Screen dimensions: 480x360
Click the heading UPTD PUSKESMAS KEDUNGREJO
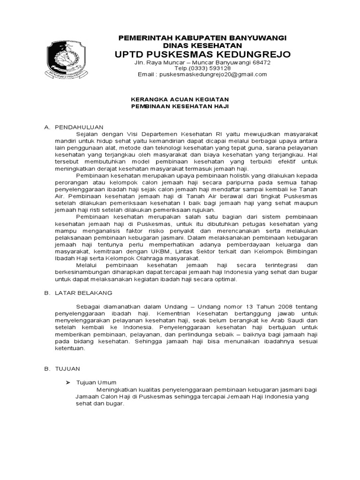pyautogui.click(x=203, y=54)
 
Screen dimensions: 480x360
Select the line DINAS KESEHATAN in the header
pyautogui.click(x=202, y=45)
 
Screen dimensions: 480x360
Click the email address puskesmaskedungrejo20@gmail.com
pyautogui.click(x=213, y=74)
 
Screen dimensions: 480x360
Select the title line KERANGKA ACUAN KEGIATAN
pyautogui.click(x=179, y=100)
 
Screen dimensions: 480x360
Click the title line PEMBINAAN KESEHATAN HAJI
pyautogui.click(x=179, y=106)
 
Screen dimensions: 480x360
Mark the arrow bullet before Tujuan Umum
pyautogui.click(x=67, y=382)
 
